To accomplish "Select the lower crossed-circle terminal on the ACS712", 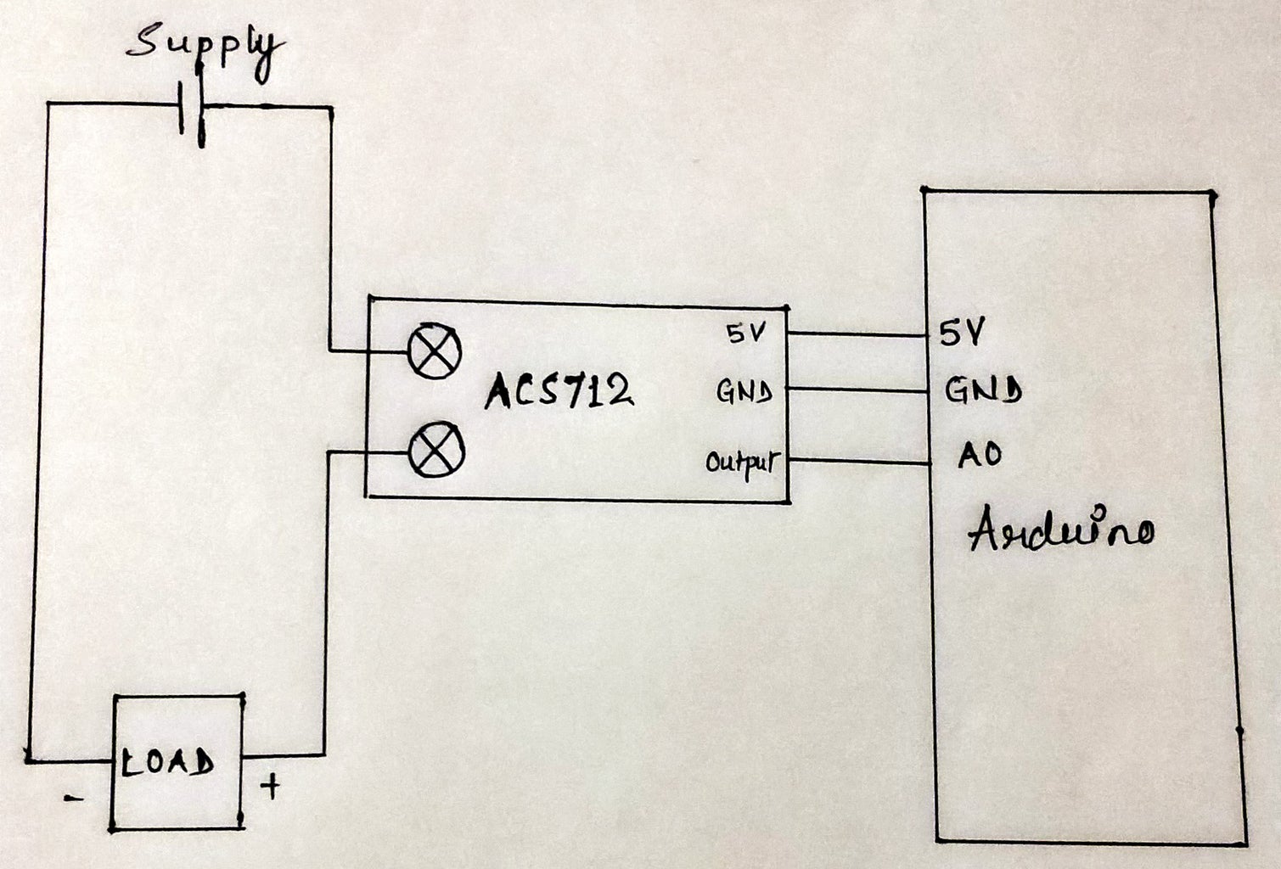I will (435, 451).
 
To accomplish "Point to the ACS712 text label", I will (559, 390).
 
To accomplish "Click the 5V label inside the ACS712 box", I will (746, 334).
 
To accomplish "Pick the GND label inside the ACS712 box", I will (744, 391).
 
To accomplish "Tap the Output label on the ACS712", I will (741, 463).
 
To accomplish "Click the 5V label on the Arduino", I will (961, 333).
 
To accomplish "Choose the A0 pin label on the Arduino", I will (980, 455).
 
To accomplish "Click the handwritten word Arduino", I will (1060, 530).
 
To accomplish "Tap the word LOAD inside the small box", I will (168, 762).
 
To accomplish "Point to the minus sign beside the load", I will (74, 798).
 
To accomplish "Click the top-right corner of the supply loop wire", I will (330, 108).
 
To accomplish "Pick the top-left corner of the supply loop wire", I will (48, 105).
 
